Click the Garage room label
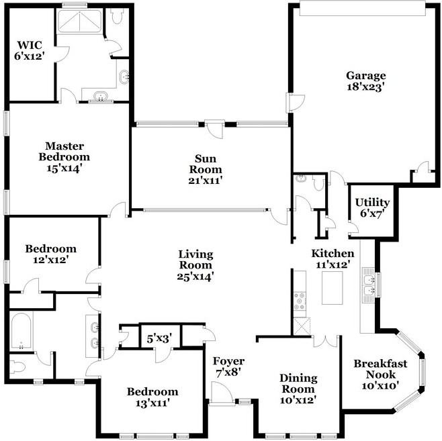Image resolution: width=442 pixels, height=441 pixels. coord(366,76)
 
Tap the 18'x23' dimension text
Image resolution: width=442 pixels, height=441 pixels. coord(366,87)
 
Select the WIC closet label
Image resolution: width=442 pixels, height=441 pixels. coord(30,45)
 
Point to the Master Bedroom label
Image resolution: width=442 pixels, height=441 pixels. coord(64,152)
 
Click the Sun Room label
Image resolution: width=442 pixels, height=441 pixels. coord(206,164)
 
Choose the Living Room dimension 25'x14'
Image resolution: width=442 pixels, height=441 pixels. coord(195,277)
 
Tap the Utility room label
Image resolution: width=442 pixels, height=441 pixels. coord(372,202)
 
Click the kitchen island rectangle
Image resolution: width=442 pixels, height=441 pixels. coord(333,287)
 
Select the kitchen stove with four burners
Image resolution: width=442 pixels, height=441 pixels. coord(300,301)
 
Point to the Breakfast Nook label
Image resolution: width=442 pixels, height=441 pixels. coord(380,369)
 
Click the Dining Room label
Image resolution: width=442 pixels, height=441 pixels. coord(298,383)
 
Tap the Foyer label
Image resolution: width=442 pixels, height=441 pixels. coord(228,361)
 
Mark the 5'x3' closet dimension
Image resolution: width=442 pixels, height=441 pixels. coord(159,338)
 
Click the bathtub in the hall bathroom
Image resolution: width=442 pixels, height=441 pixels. coord(21,331)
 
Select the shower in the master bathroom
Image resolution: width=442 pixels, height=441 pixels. coord(80,21)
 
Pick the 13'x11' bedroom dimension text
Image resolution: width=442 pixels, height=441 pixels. coord(152,403)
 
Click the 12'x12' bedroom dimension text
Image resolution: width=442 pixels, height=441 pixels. coord(51,260)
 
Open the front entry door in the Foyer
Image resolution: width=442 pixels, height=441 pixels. coord(222,392)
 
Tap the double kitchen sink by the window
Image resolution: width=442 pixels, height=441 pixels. coord(368,285)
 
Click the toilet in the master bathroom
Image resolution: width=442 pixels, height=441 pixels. coord(117,15)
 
